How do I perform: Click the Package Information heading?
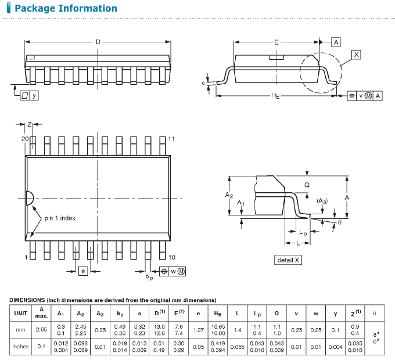[x=66, y=8]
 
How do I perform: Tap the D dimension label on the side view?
[x=98, y=42]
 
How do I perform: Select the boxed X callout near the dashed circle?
[x=356, y=55]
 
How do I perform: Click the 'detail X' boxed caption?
[x=288, y=260]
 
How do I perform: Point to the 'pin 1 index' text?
[x=60, y=218]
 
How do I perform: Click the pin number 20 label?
[x=24, y=139]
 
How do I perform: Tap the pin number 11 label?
[x=171, y=139]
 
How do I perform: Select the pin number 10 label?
[x=172, y=257]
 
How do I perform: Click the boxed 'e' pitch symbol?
[x=83, y=271]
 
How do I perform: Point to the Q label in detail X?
[x=307, y=185]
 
